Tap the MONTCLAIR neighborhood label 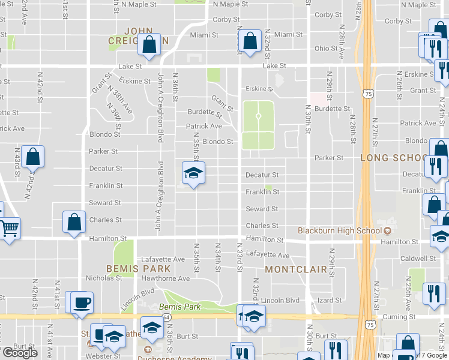coord(296,269)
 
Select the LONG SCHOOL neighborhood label coord(394,158)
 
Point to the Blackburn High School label coord(340,231)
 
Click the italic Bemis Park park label coord(179,307)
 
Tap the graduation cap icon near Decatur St coord(193,173)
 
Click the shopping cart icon coord(9,228)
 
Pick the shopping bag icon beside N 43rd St coord(33,157)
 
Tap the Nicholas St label coord(104,278)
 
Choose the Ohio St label coord(327,48)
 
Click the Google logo coord(20,353)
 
